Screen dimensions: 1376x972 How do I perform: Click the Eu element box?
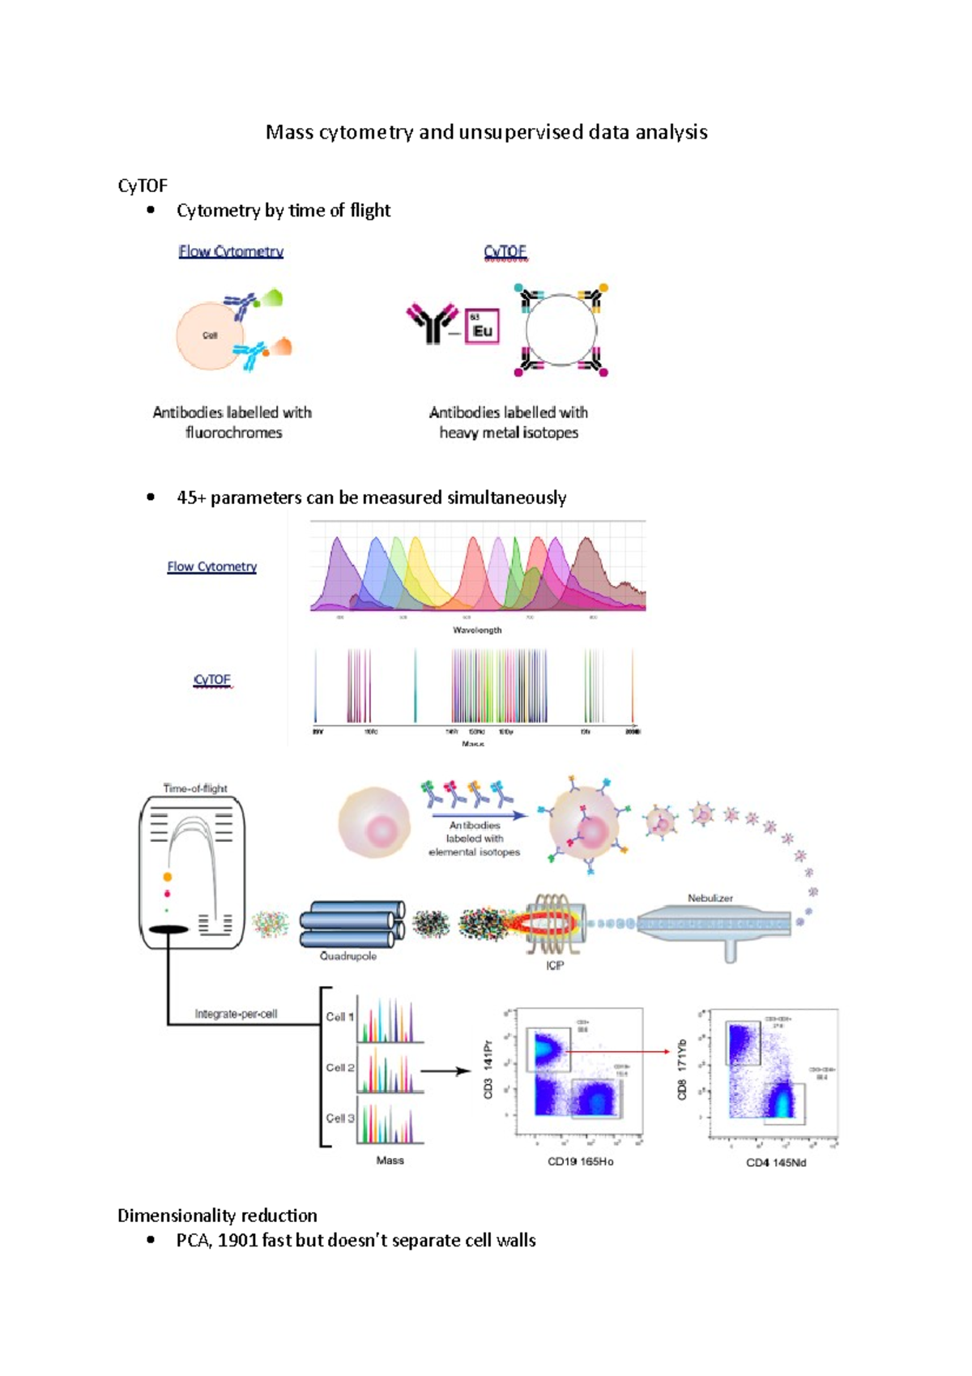482,327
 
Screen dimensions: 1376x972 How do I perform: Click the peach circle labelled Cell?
208,335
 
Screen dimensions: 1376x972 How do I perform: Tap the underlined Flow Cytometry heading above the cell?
231,252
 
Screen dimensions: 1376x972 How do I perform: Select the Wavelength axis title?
477,630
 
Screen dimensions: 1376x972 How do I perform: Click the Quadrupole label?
348,956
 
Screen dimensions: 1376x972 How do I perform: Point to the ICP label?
555,966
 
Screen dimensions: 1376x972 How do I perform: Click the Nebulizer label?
710,898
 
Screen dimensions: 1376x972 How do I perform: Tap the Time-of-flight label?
195,788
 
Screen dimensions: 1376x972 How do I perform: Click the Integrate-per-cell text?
236,1014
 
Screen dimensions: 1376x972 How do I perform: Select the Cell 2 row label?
340,1067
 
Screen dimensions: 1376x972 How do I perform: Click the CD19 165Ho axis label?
580,1161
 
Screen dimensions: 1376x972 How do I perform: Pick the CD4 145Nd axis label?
776,1163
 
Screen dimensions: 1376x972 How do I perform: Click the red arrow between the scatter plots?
620,1051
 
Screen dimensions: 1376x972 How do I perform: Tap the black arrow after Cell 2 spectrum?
446,1070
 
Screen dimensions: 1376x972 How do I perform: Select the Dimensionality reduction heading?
217,1216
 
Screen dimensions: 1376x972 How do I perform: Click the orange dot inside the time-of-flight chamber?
168,877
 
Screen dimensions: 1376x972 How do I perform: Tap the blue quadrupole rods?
352,925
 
